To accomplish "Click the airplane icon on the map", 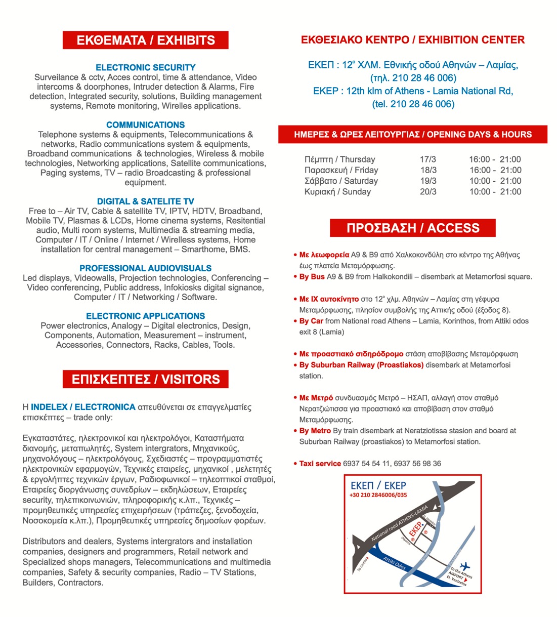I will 465,565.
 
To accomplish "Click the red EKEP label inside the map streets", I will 415,529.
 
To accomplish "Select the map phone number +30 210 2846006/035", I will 378,495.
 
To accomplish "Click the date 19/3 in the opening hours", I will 428,181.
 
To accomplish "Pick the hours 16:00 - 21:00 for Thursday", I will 495,159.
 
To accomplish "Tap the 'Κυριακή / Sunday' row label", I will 337,191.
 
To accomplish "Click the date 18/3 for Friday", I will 428,170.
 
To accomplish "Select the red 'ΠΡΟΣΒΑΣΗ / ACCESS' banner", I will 412,228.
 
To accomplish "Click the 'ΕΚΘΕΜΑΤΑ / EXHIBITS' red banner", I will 146,40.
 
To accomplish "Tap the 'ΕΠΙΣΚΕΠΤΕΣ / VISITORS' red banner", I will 146,379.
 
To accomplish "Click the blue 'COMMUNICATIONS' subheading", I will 146,125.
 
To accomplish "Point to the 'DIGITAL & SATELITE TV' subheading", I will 146,201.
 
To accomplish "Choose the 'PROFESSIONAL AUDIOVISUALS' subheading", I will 146,268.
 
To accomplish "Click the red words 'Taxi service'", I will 320,463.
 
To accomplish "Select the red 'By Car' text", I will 311,321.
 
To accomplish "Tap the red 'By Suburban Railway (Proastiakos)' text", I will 361,365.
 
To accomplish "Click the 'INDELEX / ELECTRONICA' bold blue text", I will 83,407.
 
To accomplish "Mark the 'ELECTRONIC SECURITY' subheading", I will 146,67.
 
